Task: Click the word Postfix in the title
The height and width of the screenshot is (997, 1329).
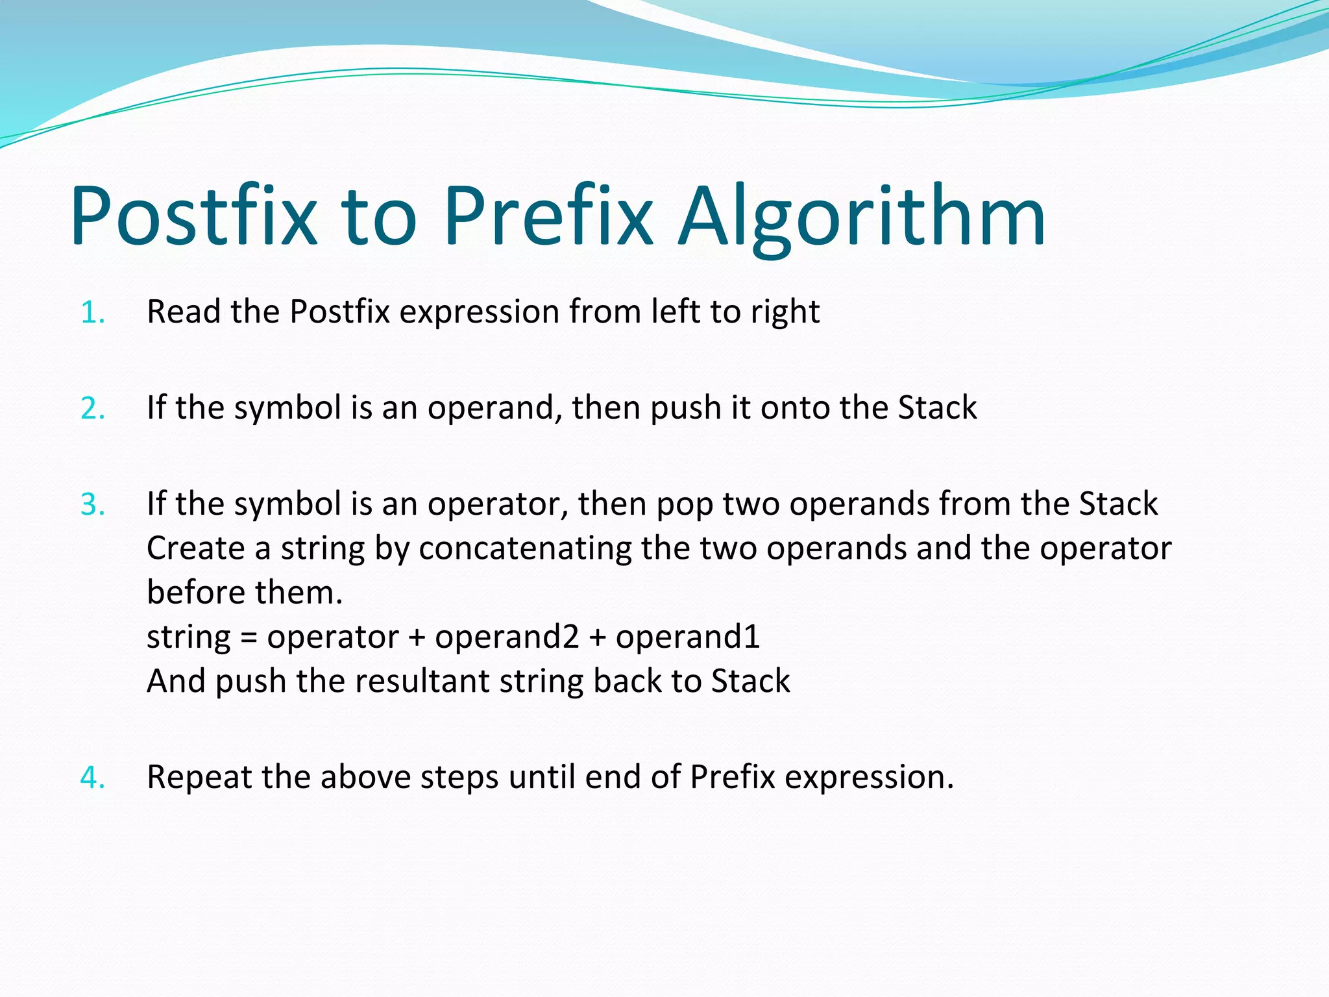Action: click(193, 215)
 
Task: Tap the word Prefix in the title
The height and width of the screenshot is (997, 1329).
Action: click(547, 215)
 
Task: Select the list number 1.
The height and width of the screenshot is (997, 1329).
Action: click(92, 313)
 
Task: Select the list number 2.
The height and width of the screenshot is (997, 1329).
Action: click(92, 409)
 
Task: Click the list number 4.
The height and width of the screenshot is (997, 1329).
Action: click(92, 778)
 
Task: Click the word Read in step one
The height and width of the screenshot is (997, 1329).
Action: click(184, 312)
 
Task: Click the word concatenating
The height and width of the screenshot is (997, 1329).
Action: click(525, 549)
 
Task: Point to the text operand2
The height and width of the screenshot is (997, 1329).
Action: click(507, 637)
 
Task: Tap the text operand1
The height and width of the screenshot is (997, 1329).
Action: click(687, 637)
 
